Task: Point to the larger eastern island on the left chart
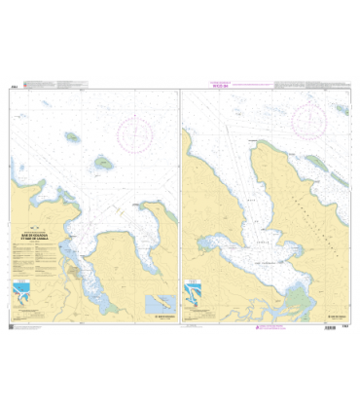point(103,164)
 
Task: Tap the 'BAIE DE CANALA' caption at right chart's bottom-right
point(337,317)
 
